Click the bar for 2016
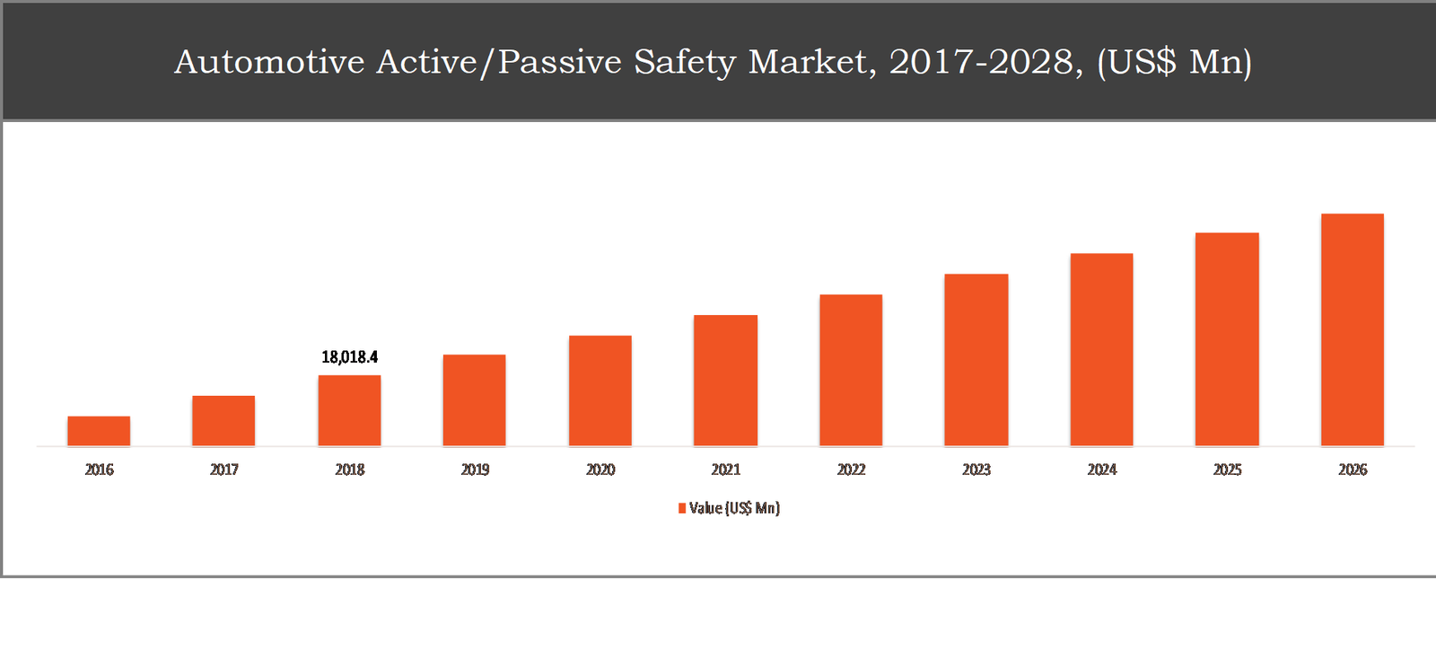click(99, 431)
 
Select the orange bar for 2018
click(349, 410)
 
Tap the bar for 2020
click(600, 390)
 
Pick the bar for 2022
click(851, 370)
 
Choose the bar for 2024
click(1101, 349)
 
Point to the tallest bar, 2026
click(1352, 329)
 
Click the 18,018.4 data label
click(349, 357)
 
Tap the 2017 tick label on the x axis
click(224, 469)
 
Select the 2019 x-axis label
click(475, 469)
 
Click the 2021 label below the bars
click(726, 469)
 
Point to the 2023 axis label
click(976, 469)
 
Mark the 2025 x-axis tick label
click(1227, 469)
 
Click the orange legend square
click(682, 509)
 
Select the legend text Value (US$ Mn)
click(734, 508)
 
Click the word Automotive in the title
click(269, 62)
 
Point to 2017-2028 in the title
click(985, 62)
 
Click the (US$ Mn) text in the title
click(1174, 62)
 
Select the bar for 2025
click(1227, 339)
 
